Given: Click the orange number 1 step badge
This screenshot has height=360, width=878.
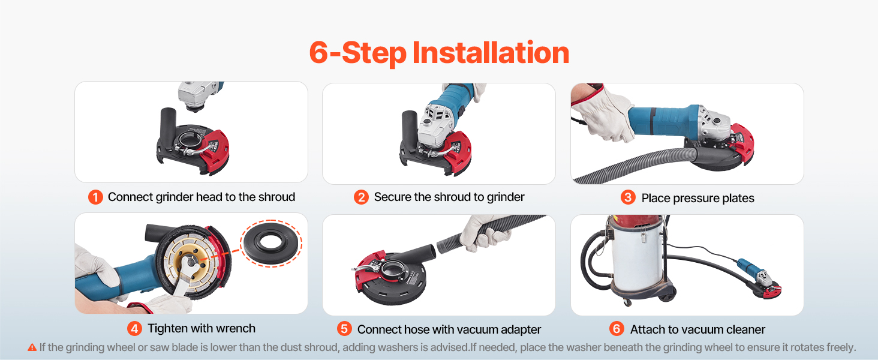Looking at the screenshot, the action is [95, 197].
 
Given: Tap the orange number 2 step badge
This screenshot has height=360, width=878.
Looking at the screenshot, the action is [361, 197].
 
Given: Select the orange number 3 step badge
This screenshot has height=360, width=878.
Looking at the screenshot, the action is [628, 197].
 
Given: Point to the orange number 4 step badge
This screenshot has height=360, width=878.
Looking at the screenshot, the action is [134, 328].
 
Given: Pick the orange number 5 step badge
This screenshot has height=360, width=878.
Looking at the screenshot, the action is [344, 329].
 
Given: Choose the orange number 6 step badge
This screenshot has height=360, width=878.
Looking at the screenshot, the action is [617, 329].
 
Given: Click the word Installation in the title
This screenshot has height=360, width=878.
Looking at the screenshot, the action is [491, 53].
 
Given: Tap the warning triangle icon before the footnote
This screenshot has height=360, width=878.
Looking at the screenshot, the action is [32, 347].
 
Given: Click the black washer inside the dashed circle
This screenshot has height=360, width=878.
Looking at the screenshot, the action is [270, 244].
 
